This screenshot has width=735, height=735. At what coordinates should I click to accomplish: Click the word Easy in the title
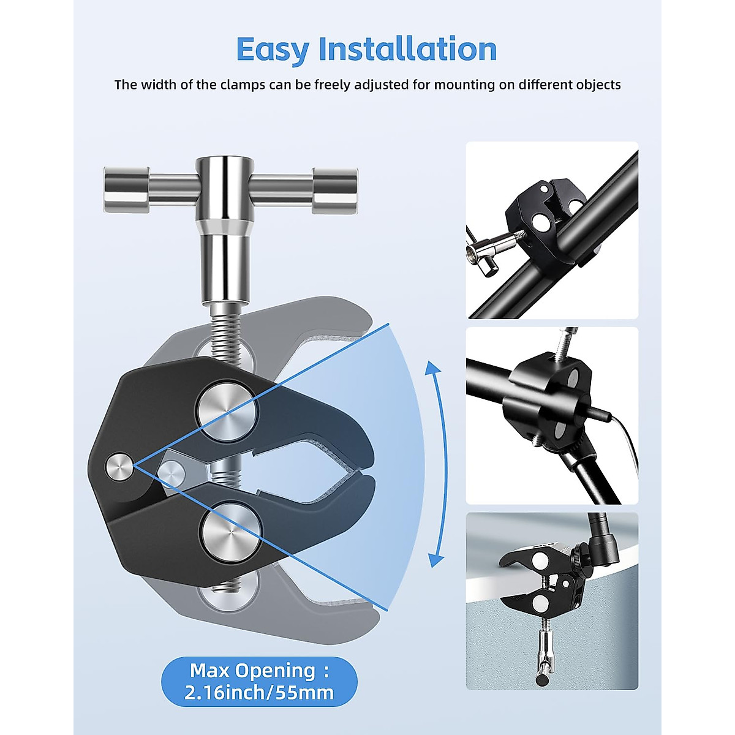click(273, 50)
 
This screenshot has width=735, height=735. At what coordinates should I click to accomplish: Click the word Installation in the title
click(408, 49)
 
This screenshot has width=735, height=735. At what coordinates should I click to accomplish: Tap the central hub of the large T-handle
click(224, 184)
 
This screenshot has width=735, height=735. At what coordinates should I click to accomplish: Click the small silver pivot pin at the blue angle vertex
click(119, 468)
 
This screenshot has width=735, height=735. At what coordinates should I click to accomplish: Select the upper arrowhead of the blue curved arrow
click(433, 368)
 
